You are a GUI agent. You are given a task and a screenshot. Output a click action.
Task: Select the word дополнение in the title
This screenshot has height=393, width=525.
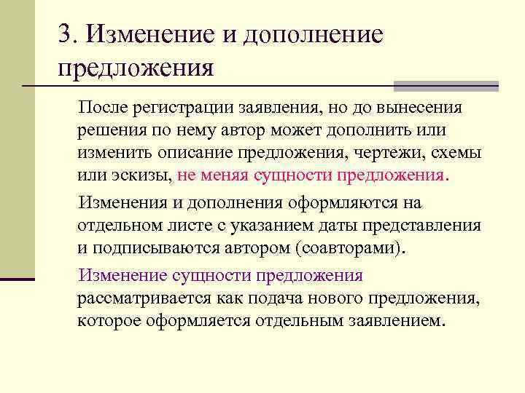(x=315, y=35)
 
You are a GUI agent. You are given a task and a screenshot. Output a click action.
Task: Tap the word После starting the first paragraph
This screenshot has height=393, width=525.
(x=102, y=108)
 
